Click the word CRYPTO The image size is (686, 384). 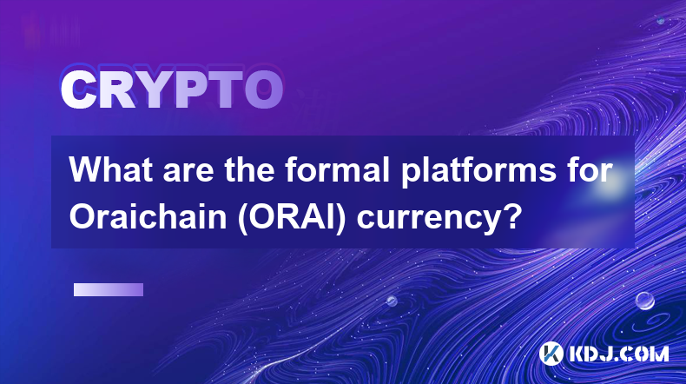(x=172, y=89)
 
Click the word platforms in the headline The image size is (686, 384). (x=485, y=172)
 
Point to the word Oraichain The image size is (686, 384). (x=148, y=217)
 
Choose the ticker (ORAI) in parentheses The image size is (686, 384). (x=293, y=218)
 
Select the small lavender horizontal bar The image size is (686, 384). (x=109, y=290)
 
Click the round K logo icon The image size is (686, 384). (x=551, y=354)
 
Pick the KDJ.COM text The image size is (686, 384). (x=618, y=354)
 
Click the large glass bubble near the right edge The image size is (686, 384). (x=644, y=301)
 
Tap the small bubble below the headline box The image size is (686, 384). (x=392, y=301)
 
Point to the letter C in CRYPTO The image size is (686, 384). (x=78, y=89)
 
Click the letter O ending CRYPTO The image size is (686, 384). (x=264, y=89)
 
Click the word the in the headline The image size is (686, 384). (x=249, y=170)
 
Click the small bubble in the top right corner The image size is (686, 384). (x=661, y=20)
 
